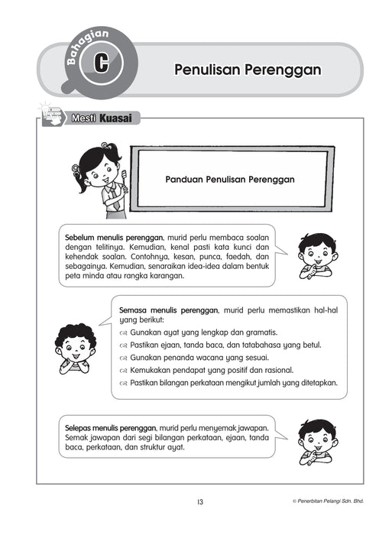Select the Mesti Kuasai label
point(104,118)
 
